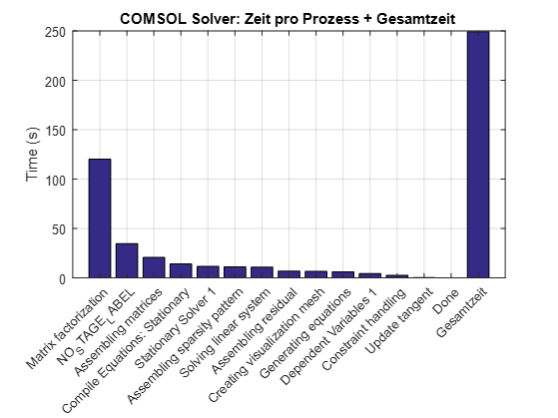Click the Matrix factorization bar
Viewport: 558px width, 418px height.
coord(100,218)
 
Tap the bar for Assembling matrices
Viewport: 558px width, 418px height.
coord(154,267)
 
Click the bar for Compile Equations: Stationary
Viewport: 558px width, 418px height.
coord(181,270)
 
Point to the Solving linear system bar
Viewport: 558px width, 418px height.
coord(262,272)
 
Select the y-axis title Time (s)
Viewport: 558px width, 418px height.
coord(32,155)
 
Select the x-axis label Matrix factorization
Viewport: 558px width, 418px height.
coord(67,325)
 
